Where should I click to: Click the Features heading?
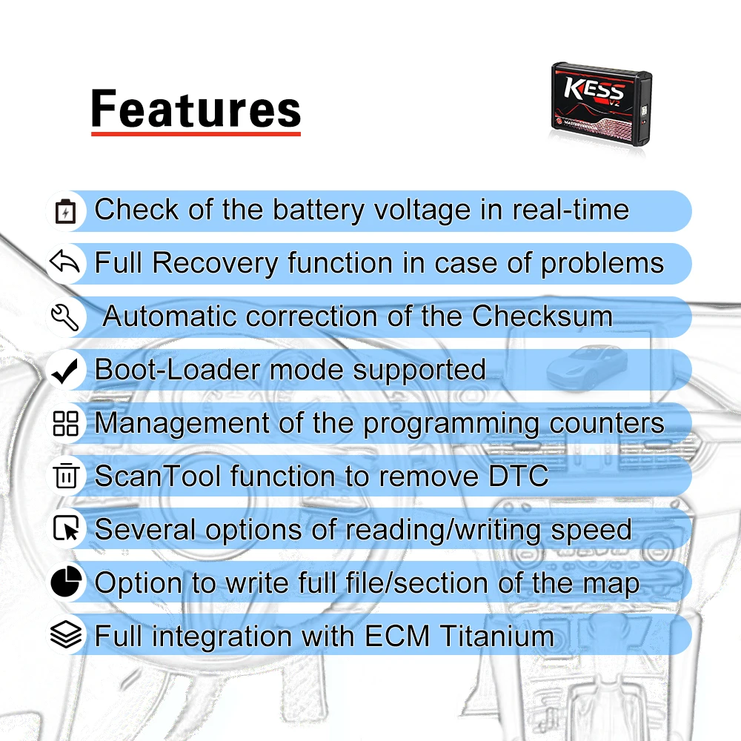196,109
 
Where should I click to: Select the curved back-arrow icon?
66,263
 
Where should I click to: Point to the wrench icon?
66,317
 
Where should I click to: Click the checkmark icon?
66,370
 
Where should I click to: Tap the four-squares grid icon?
66,424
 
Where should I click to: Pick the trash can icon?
66,476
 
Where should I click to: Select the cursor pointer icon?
66,530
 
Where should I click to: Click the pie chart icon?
66,583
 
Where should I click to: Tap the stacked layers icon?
66,636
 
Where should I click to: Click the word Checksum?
542,316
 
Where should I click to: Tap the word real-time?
571,210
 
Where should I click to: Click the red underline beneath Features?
196,134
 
